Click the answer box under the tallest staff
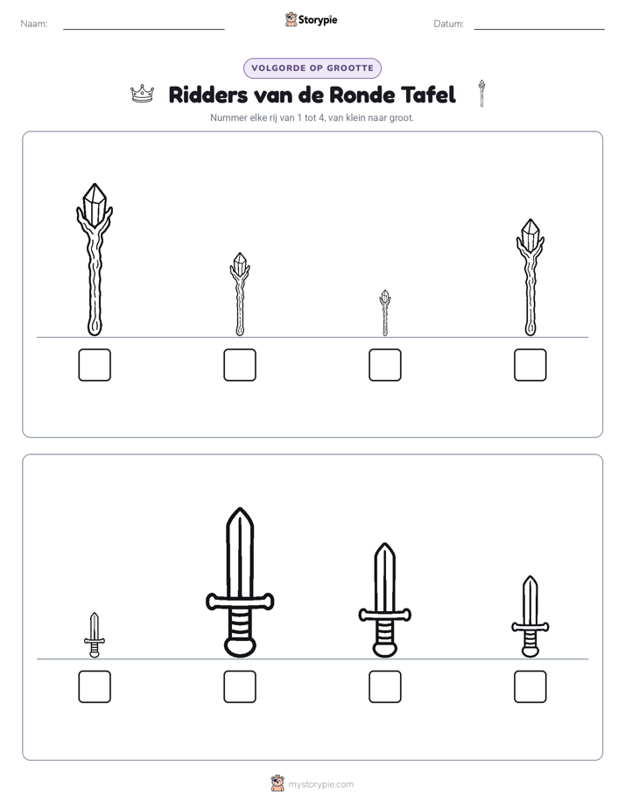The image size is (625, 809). point(95,365)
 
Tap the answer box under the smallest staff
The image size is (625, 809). point(384,365)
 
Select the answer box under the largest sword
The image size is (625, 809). point(240,686)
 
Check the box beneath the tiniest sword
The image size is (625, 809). point(95,686)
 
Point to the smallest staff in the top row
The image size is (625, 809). point(384,313)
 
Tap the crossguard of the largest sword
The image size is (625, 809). point(240,601)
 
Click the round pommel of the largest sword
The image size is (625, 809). point(240,647)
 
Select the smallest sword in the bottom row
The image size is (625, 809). point(95,635)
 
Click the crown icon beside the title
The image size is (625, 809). point(143,94)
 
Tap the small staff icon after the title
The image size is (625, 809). point(481,94)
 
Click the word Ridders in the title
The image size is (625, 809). point(207,95)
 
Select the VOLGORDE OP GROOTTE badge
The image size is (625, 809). point(312,68)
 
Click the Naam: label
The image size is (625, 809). point(34,24)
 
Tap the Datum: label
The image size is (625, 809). point(449,24)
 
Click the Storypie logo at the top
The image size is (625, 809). point(311,19)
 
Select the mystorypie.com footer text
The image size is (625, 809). point(320,784)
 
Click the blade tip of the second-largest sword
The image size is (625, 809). point(384,544)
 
